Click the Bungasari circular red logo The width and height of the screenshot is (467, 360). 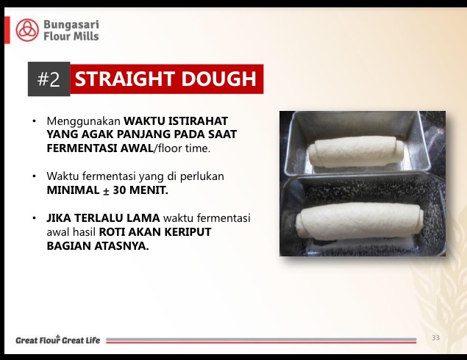tap(27, 30)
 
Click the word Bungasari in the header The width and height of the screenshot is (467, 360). tap(71, 25)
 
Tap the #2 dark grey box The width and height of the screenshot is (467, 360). tap(49, 79)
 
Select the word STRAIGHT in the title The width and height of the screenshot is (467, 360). tap(125, 79)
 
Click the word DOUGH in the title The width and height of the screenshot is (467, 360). tap(219, 79)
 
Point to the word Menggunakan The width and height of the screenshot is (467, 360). tap(83, 121)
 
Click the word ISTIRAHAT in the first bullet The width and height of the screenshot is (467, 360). tap(198, 120)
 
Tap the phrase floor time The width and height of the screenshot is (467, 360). tap(182, 148)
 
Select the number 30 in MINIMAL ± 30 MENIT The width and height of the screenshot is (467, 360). tap(119, 190)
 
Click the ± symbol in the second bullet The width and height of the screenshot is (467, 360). tap(106, 191)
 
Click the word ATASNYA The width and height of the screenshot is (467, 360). tap(121, 245)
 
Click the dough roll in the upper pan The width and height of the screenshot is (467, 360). tap(356, 152)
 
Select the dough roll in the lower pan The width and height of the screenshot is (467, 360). tap(360, 220)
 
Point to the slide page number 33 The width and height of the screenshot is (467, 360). tap(435, 338)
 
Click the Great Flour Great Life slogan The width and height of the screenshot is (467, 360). tap(58, 339)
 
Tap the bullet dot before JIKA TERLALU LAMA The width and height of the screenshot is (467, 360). tap(35, 218)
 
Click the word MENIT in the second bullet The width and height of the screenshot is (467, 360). tap(149, 190)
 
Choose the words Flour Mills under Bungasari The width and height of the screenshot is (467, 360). tap(71, 36)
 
